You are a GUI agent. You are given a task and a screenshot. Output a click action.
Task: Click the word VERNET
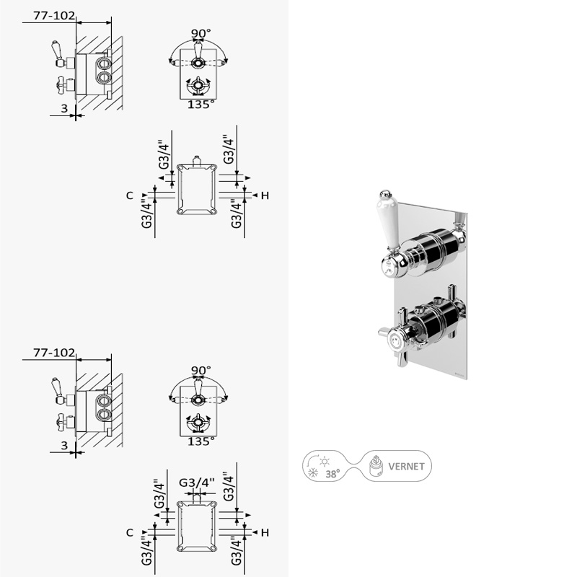tap(406, 466)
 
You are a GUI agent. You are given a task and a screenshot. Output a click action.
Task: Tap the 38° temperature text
tap(332, 474)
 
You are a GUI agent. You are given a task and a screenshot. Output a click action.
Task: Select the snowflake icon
tap(313, 473)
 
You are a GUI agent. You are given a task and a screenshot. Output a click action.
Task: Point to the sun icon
tap(325, 462)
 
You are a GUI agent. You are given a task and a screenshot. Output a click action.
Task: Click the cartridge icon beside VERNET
tap(376, 466)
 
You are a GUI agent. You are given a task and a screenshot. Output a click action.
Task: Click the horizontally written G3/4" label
tap(196, 482)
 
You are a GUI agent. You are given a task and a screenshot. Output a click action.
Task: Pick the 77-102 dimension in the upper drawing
tap(54, 15)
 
